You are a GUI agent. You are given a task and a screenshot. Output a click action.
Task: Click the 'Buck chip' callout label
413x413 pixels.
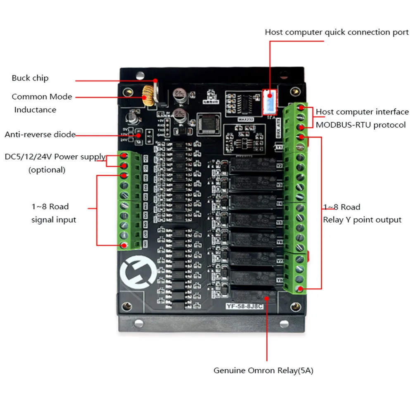pyautogui.click(x=30, y=78)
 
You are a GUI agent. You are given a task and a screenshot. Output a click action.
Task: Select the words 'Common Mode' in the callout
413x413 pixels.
pyautogui.click(x=42, y=97)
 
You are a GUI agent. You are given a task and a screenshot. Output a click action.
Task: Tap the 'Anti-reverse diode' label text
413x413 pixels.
pyautogui.click(x=40, y=134)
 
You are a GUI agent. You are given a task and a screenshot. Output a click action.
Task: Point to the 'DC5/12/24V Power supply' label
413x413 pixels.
pyautogui.click(x=55, y=157)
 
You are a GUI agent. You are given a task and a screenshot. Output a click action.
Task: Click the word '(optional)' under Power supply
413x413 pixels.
pyautogui.click(x=47, y=170)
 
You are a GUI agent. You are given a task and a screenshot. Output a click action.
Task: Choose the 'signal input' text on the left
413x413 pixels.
pyautogui.click(x=54, y=220)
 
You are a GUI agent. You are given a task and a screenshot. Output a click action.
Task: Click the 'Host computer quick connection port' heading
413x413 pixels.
pyautogui.click(x=337, y=32)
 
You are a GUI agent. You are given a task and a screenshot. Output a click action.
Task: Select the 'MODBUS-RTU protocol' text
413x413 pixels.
pyautogui.click(x=361, y=125)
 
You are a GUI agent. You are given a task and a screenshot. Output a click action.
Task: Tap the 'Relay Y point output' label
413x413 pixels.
pyautogui.click(x=362, y=220)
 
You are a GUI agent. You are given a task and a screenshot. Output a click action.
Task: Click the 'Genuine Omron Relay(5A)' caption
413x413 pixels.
pyautogui.click(x=263, y=370)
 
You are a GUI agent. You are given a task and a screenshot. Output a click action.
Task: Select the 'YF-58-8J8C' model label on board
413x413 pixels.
pyautogui.click(x=244, y=306)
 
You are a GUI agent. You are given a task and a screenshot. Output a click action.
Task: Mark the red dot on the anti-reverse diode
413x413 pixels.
pyautogui.click(x=138, y=134)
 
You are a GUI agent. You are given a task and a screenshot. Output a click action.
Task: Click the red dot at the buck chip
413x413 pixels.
pyautogui.click(x=155, y=81)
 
